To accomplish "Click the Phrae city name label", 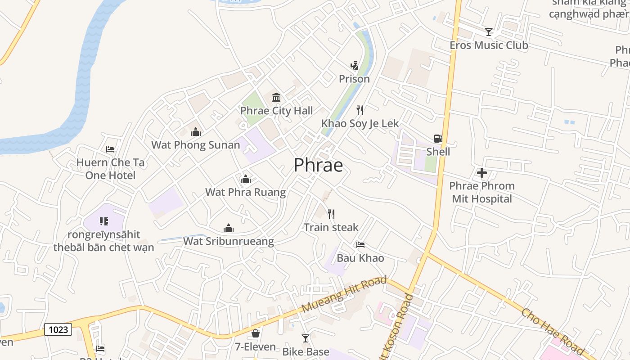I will pos(318,165).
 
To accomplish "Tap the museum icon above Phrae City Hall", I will pos(276,97).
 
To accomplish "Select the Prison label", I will pos(354,79).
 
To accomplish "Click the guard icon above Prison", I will pos(354,66).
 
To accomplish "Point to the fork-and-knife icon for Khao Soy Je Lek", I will pos(360,110).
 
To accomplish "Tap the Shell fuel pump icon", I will pos(438,139).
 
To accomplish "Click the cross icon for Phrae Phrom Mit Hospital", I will pos(482,173).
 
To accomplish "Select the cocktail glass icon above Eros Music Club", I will pos(489,32).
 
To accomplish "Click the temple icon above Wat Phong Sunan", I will pos(195,132).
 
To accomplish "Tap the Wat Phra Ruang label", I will pos(245,192).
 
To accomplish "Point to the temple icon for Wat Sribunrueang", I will pos(229,229).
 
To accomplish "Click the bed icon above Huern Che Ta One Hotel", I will pos(110,149).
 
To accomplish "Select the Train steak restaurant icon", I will pos(331,214).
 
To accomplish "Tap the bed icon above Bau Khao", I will pos(360,245).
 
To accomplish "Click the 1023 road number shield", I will pos(58,329).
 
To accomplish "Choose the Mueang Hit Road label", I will pos(344,295).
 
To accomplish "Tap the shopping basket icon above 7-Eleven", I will pos(256,333).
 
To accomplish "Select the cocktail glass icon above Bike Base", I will pos(306,338).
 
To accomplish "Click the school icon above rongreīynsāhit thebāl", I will pos(104,221).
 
